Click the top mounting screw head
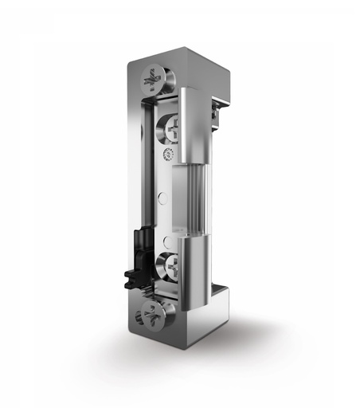pyautogui.click(x=153, y=80)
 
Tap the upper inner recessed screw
pyautogui.click(x=171, y=128)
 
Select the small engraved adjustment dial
pyautogui.click(x=168, y=155)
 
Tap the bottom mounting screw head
pyautogui.click(x=154, y=314)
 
